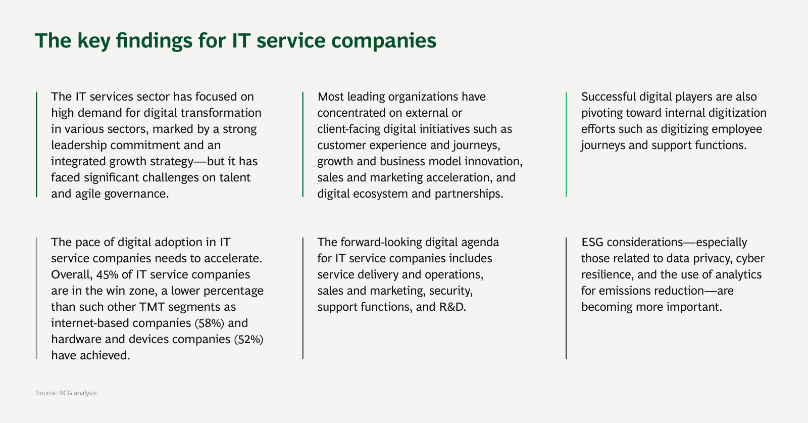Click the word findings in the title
[154, 41]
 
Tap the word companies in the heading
[384, 41]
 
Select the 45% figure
[107, 274]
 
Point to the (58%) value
[209, 323]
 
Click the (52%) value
[249, 339]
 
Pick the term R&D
[452, 307]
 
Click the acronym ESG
[592, 242]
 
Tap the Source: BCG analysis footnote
[67, 393]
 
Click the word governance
[136, 194]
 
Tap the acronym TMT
[152, 307]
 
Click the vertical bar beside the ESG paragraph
[566, 298]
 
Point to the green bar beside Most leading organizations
[302, 145]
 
